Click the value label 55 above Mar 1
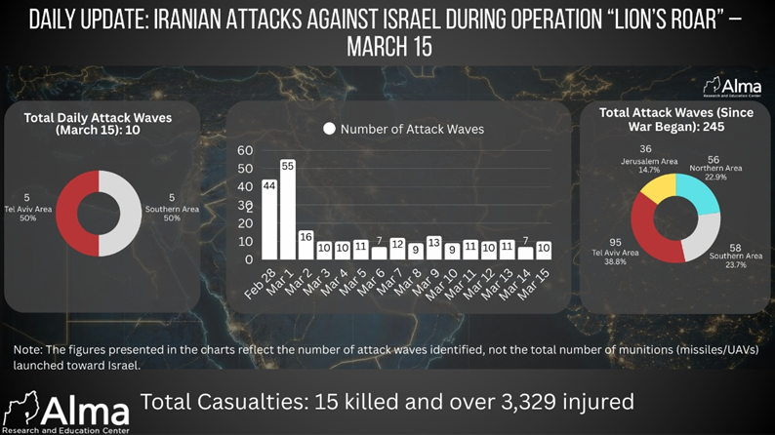click(x=288, y=167)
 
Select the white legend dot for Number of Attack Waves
click(x=330, y=129)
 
